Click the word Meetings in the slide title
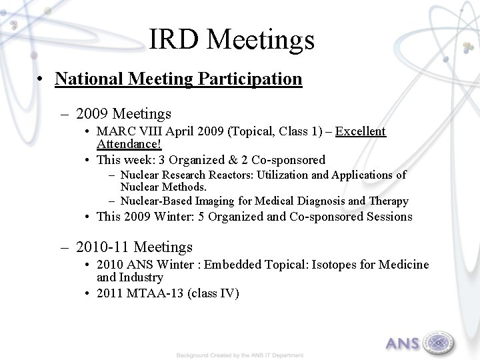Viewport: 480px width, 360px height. coord(261,40)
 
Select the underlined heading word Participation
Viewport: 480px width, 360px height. coord(249,79)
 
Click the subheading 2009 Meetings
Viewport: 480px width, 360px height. coord(123,114)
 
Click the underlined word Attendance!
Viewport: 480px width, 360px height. coord(129,143)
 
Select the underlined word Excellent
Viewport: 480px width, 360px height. coord(361,131)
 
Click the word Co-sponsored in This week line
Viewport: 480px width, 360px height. coord(289,159)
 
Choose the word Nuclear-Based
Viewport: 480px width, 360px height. coord(155,201)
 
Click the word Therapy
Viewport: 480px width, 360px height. coord(388,201)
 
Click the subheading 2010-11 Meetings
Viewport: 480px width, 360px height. coord(134,247)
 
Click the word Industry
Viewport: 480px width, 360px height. coord(141,277)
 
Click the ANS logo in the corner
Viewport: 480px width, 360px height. coord(419,341)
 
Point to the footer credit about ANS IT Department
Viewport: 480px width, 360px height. coord(240,355)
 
